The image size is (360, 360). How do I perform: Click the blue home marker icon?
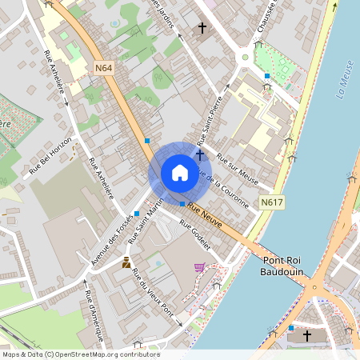(179, 173)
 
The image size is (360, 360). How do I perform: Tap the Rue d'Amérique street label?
(94, 317)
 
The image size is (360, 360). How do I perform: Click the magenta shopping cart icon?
(198, 267)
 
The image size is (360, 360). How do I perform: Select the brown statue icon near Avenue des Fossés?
(126, 262)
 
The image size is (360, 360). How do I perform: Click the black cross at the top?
(202, 30)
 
